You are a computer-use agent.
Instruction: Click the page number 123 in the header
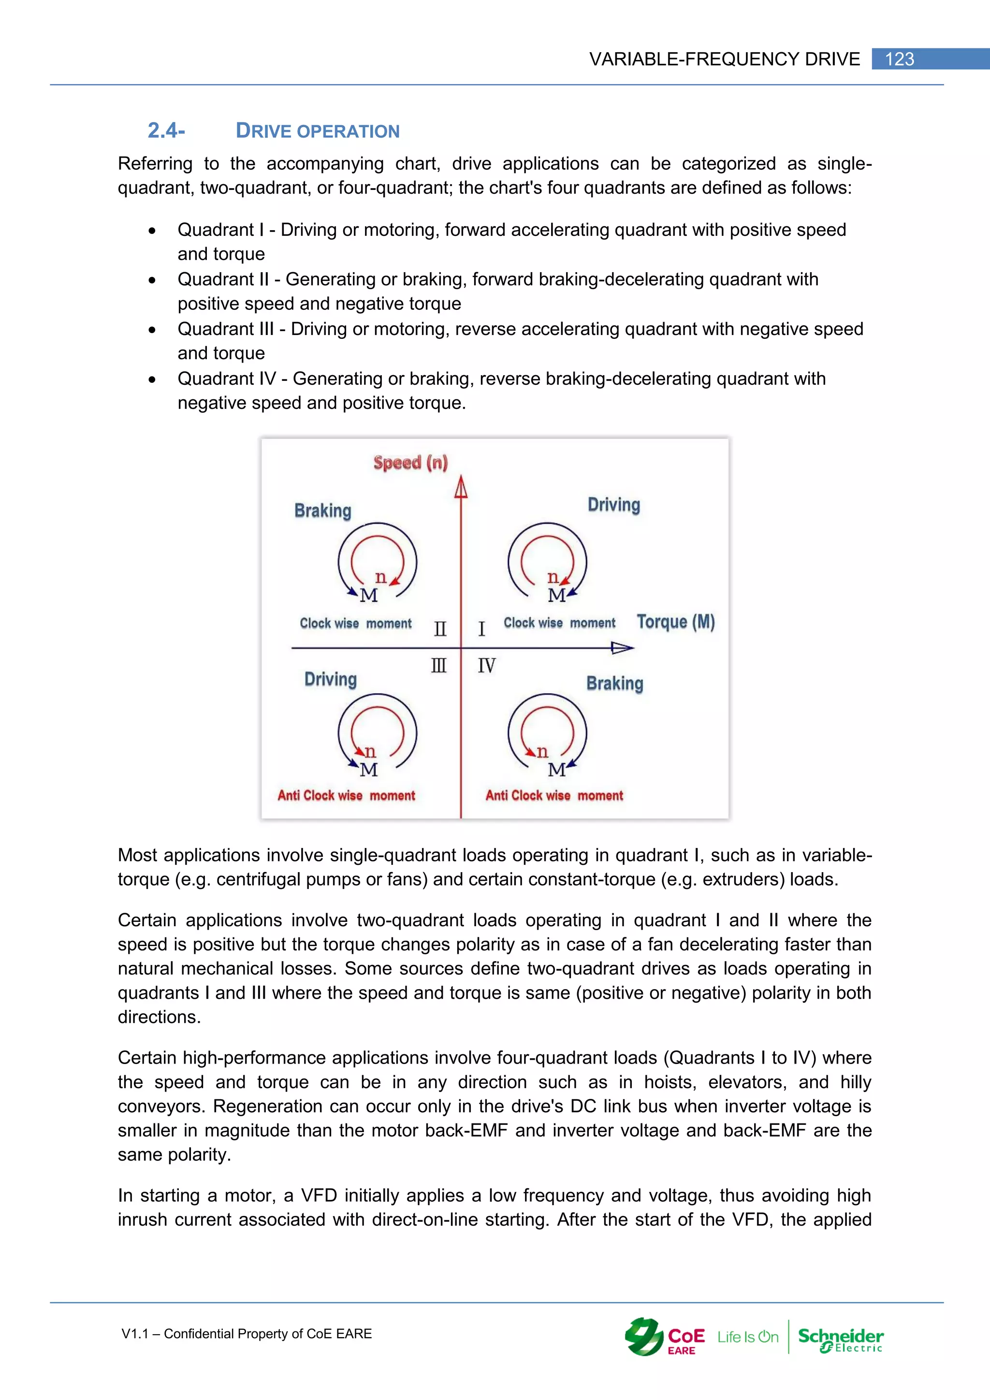coord(899,59)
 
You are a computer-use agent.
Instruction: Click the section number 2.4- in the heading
coord(166,131)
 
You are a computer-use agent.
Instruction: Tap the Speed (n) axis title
coord(410,462)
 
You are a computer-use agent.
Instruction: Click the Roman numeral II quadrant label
coord(440,628)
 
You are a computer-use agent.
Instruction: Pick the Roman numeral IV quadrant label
coord(486,665)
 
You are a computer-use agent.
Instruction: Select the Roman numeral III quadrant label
coord(439,665)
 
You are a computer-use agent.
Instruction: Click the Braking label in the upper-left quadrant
coord(322,510)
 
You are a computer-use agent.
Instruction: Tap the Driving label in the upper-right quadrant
coord(613,505)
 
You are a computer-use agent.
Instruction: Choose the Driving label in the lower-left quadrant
coord(331,679)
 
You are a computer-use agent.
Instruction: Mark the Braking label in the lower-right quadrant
coord(614,683)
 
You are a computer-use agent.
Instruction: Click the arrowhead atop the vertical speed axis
coord(461,487)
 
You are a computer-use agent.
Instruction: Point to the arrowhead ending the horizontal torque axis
coord(623,648)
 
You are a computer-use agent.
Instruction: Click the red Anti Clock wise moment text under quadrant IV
coord(554,795)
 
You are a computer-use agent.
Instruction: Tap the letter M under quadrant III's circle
coord(369,770)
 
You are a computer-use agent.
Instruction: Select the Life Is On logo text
coord(747,1337)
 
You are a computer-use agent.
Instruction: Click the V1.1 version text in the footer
coord(135,1334)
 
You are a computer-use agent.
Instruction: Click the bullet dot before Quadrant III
coord(152,330)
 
